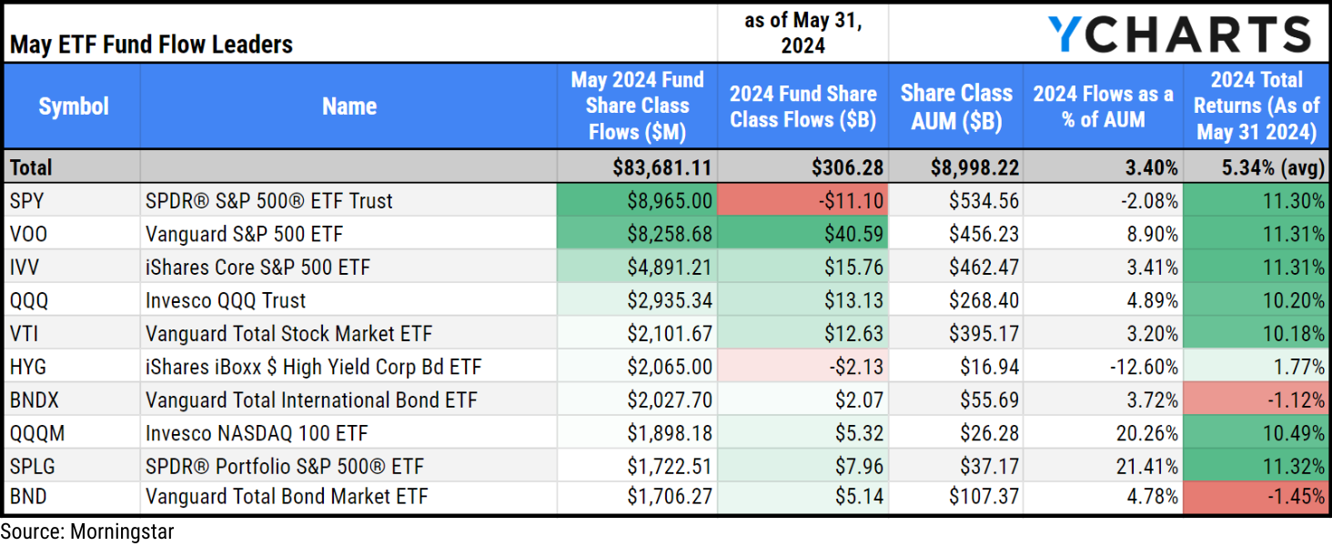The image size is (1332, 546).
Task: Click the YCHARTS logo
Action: click(x=1178, y=34)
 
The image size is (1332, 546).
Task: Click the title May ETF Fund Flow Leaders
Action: click(x=151, y=45)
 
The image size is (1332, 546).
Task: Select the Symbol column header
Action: click(x=73, y=106)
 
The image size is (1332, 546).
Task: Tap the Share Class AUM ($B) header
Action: click(x=955, y=106)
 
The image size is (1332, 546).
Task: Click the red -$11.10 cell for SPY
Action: click(x=802, y=200)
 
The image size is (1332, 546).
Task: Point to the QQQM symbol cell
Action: click(x=37, y=433)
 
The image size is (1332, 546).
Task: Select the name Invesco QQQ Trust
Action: click(x=226, y=300)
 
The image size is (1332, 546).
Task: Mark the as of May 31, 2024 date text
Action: click(x=802, y=33)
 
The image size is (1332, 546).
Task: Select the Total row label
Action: click(x=31, y=167)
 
